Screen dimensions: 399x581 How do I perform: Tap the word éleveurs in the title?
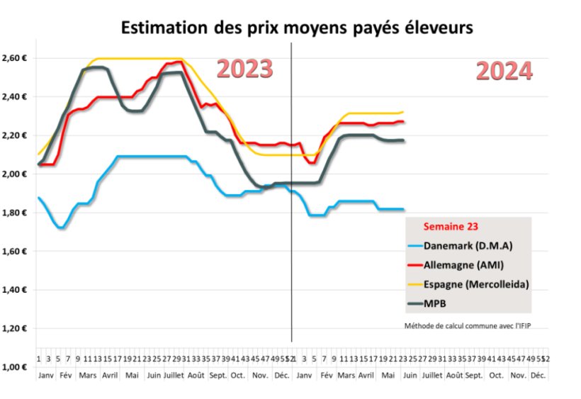pos(434,28)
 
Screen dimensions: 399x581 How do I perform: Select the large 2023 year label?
pos(244,69)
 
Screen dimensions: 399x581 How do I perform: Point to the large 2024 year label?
pos(504,71)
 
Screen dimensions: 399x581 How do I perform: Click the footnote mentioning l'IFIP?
pos(467,326)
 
